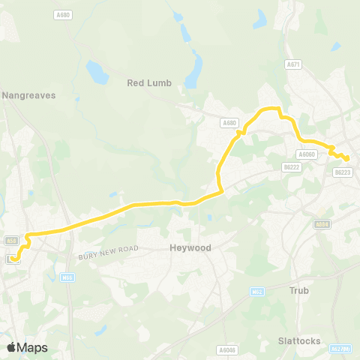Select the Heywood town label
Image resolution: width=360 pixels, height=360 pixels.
[190, 247]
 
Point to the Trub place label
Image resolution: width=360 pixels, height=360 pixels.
[300, 289]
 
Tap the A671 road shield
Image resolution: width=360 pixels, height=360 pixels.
[293, 65]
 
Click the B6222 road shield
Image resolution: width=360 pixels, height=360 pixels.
[292, 166]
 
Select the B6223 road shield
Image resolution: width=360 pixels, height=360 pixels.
[343, 172]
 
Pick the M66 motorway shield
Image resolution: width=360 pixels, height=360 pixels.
[67, 277]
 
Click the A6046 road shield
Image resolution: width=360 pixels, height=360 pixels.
[226, 349]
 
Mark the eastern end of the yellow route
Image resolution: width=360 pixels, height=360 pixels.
[347, 158]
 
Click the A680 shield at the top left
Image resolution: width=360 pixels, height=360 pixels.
[64, 14]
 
